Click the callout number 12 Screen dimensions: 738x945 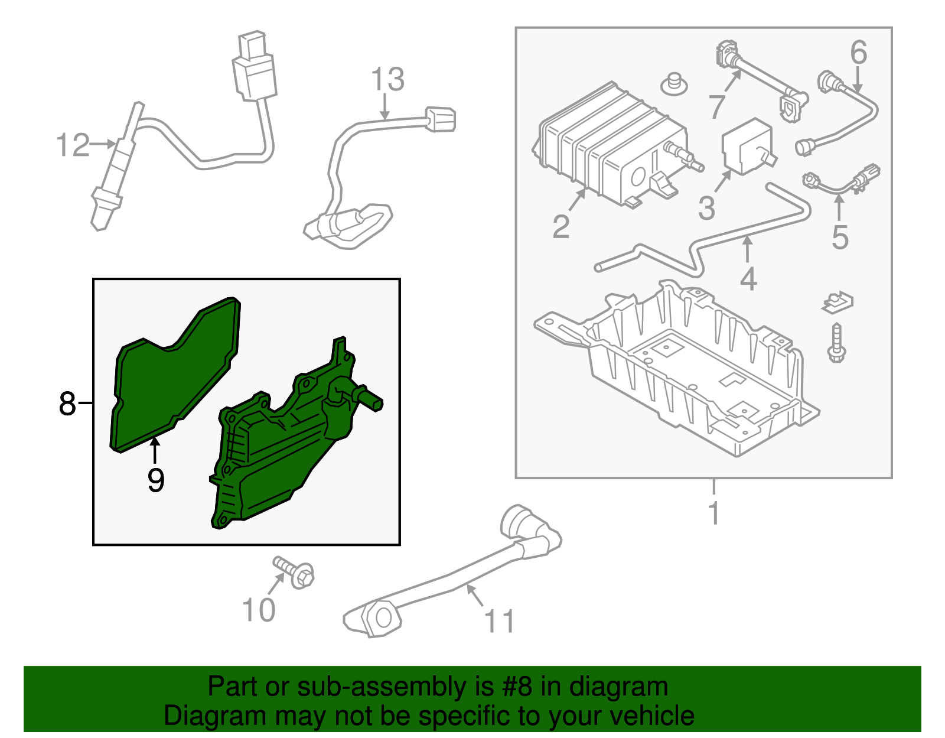click(73, 145)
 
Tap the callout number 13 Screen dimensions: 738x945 click(387, 80)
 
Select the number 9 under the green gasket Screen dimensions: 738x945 click(155, 480)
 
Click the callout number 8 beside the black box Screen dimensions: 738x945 click(67, 404)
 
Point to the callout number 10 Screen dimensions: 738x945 click(259, 610)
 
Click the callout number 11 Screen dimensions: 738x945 click(499, 621)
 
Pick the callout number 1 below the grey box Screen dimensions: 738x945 click(714, 513)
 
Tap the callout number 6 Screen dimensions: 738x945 click(859, 52)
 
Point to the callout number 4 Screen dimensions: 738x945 click(748, 279)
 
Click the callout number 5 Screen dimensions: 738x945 click(840, 237)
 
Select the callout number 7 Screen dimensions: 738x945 click(717, 107)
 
